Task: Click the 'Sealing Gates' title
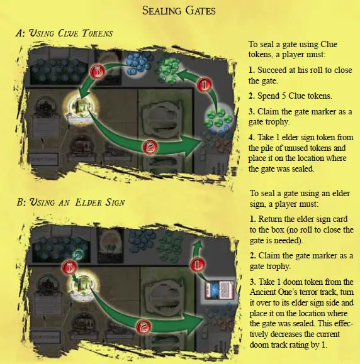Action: point(179,11)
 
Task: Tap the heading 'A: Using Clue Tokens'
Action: point(64,33)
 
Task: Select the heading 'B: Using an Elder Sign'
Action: point(70,202)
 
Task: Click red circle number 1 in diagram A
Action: point(205,85)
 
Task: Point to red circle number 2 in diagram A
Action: point(150,147)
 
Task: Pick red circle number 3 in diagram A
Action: point(98,71)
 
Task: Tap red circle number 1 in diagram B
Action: point(198,265)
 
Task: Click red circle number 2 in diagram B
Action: point(143,327)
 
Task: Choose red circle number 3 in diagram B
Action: point(69,268)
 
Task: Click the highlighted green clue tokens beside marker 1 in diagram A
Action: point(217,116)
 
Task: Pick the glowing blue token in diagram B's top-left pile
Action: point(77,255)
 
